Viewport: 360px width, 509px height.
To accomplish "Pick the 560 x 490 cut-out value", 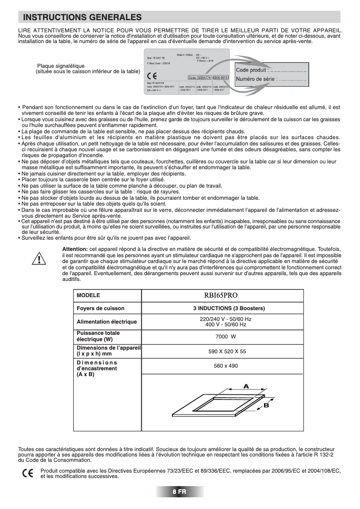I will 225,366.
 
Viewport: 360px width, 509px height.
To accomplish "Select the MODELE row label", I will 88,296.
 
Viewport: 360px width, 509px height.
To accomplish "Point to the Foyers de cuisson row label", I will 101,308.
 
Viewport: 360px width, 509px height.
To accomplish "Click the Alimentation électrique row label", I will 106,322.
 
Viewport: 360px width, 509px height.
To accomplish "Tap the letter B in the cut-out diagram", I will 266,405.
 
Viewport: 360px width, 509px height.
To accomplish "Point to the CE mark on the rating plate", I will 152,75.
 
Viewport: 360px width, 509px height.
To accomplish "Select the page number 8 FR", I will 180,491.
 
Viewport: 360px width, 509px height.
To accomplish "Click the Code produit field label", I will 252,70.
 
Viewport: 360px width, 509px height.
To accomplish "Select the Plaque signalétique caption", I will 64,66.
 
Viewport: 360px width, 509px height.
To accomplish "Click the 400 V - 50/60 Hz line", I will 225,324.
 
